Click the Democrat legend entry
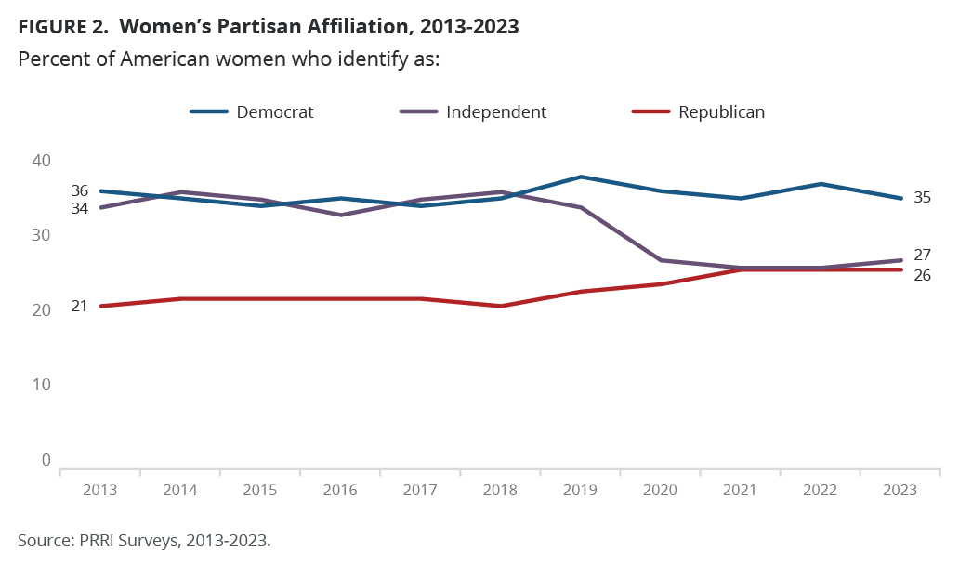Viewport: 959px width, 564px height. pos(252,112)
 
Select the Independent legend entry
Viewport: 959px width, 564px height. pos(473,112)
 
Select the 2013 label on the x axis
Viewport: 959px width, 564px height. pos(99,490)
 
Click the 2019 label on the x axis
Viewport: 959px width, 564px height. pos(581,490)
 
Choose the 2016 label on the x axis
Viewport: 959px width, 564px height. pos(340,490)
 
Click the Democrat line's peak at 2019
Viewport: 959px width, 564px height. pos(581,177)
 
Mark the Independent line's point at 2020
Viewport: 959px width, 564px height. pos(661,260)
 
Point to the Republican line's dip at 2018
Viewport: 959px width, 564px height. pos(501,306)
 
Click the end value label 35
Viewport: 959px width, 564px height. pos(922,197)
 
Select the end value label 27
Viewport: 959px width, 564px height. pos(922,256)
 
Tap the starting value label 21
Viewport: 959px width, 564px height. pos(79,306)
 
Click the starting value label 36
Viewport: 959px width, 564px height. pos(79,190)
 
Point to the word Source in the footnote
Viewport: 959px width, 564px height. pos(43,540)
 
